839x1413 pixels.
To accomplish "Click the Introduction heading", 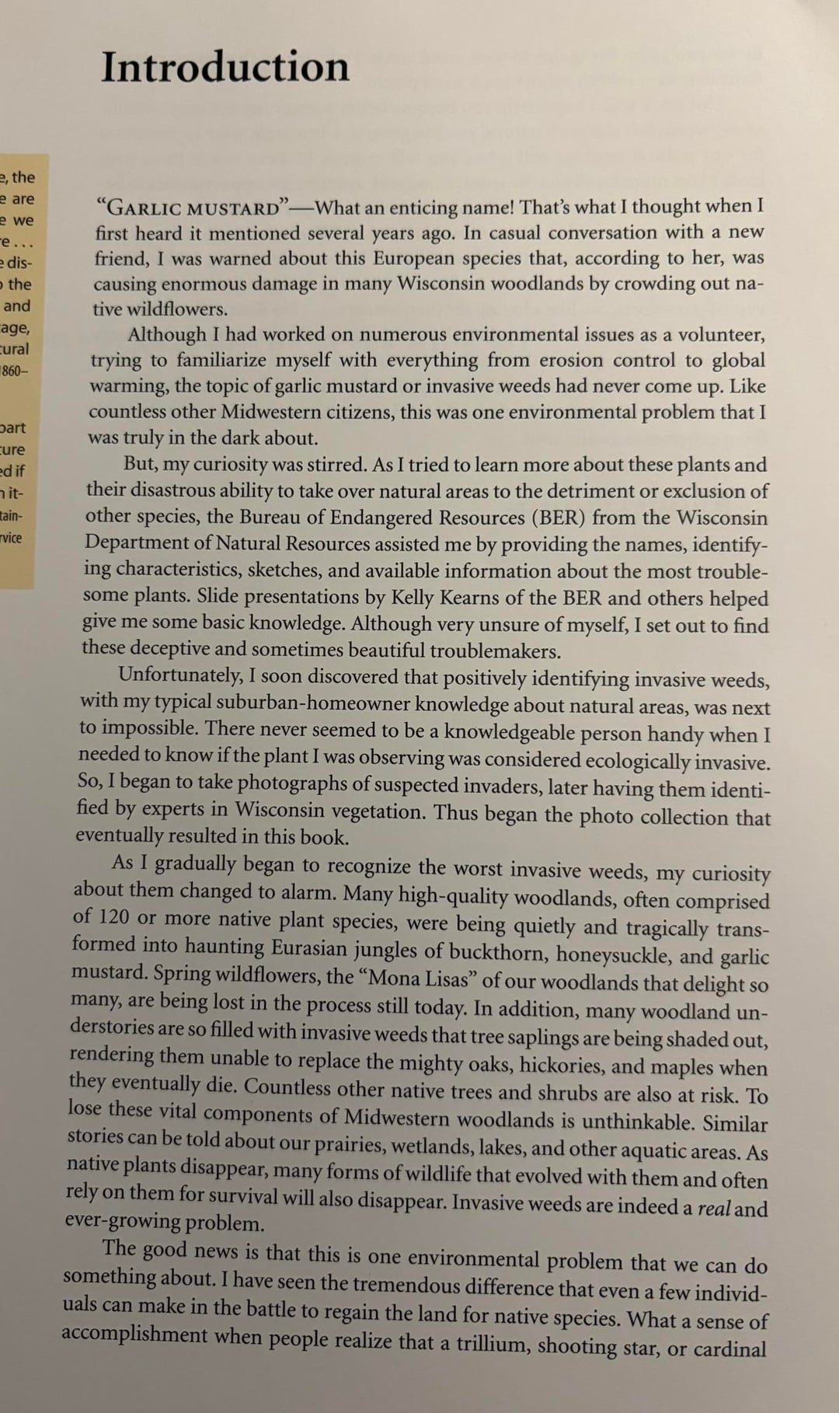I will pos(225,67).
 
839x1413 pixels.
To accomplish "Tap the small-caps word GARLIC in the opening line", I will pos(141,208).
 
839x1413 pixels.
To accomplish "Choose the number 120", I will pos(114,917).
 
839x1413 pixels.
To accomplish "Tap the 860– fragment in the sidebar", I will pos(15,371).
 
